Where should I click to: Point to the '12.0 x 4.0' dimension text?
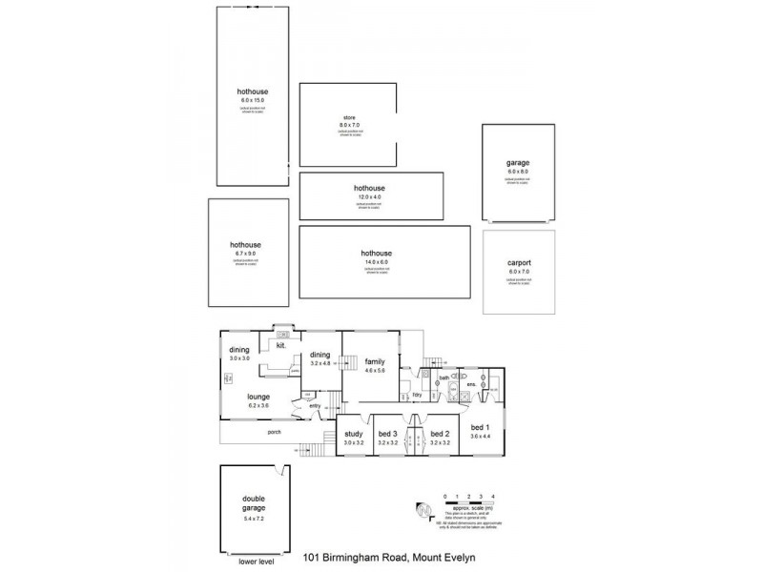click(371, 195)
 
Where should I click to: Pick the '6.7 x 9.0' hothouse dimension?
click(245, 253)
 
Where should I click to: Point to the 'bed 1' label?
click(480, 429)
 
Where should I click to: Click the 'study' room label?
click(354, 436)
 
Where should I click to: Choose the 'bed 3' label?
click(387, 436)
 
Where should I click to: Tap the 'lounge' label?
click(258, 397)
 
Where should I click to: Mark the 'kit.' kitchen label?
click(281, 346)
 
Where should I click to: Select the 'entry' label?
click(314, 406)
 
